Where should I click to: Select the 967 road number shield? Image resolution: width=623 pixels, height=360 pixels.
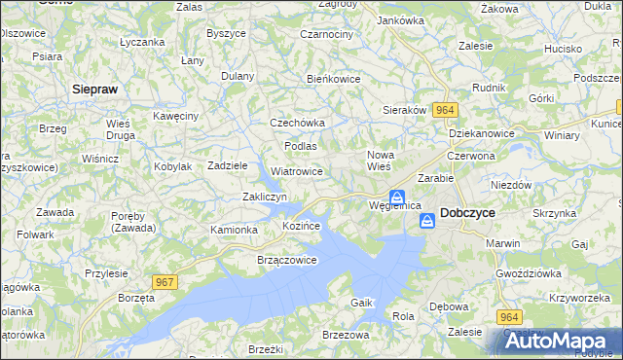pos(165,282)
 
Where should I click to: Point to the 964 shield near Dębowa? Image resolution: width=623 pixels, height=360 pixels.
pos(510,317)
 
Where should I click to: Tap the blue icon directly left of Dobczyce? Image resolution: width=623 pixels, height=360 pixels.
pos(427,223)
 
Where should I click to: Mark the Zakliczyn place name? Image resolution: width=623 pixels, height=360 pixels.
pos(264,197)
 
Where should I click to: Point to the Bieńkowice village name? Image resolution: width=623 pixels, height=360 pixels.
pos(334,79)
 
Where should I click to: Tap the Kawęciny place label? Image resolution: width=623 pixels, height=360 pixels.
pos(176,116)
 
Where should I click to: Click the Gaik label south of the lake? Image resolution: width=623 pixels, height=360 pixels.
pos(362,303)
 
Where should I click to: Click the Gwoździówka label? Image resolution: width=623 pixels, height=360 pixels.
pos(527,273)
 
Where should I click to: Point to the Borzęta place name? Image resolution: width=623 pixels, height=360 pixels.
pos(135,296)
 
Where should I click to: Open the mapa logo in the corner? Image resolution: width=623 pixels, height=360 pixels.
pos(557,342)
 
